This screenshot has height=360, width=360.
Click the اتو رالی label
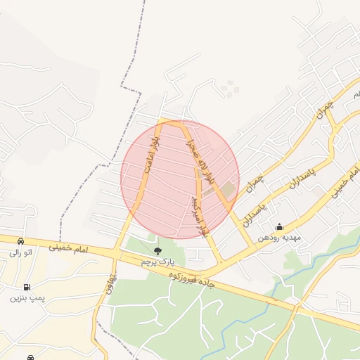(20, 252)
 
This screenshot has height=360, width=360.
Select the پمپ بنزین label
(27, 298)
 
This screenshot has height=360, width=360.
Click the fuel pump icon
(27, 287)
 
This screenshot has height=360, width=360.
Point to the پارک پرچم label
(156, 262)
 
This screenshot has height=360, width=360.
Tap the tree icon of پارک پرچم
(157, 249)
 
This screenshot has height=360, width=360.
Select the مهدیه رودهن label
(279, 238)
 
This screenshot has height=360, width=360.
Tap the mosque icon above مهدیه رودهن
(280, 226)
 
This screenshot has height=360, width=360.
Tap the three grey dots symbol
(229, 88)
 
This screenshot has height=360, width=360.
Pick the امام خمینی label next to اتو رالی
(70, 249)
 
